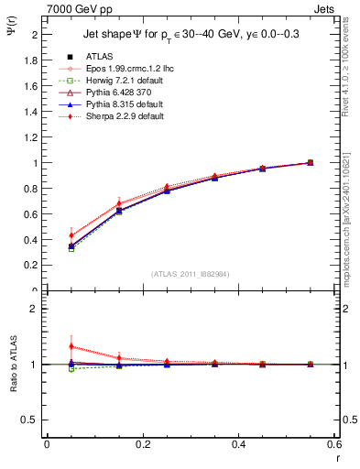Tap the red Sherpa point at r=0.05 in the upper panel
(71, 235)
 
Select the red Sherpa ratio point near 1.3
(71, 347)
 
